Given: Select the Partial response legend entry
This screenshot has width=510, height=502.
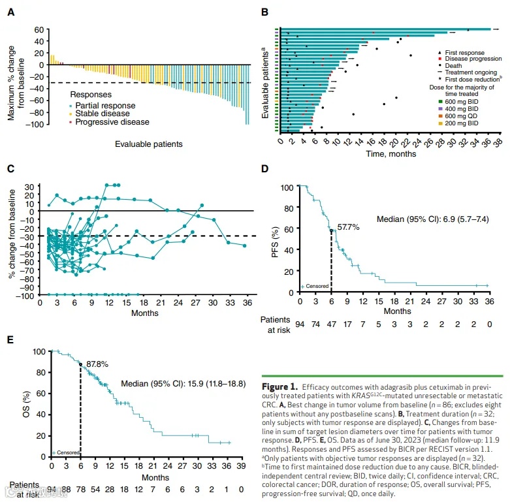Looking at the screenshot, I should coord(105,106).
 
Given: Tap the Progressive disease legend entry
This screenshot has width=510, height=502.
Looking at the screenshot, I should coord(112,122).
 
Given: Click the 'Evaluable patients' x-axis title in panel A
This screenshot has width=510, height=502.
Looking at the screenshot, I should coord(148,144).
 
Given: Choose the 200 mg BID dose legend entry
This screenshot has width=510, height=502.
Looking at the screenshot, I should coord(458,122).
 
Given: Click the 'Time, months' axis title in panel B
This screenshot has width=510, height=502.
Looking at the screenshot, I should coord(391,153).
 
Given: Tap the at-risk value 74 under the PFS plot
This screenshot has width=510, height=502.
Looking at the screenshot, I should coord(315,322).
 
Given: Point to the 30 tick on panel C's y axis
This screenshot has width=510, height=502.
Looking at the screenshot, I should coord(29,186).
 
